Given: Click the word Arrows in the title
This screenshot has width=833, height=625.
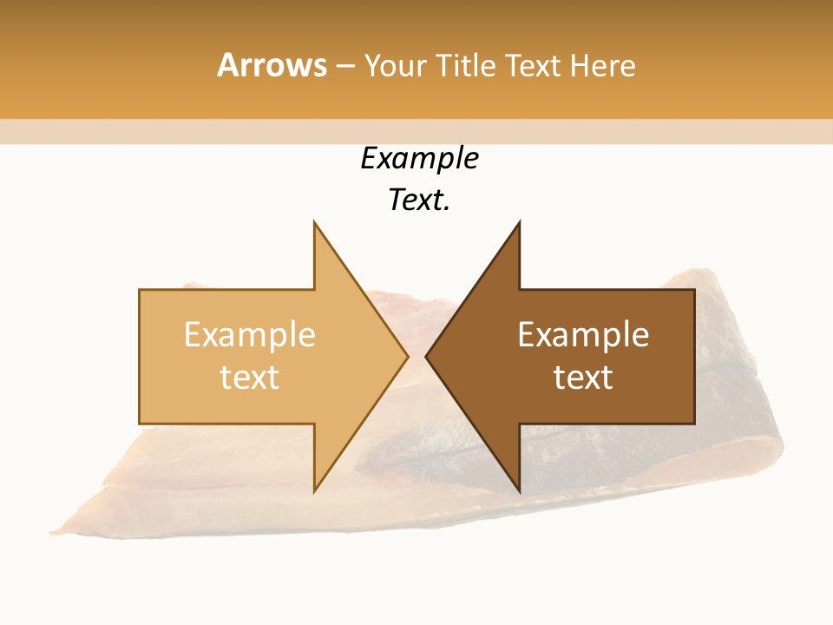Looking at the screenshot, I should click(x=272, y=65).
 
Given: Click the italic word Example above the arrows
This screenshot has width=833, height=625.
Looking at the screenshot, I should click(x=419, y=158).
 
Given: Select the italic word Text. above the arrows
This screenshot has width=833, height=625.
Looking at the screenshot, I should click(x=419, y=200).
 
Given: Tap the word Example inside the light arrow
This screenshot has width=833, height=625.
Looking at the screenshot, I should click(x=249, y=335).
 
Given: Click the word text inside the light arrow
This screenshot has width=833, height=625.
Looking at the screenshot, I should click(x=249, y=378).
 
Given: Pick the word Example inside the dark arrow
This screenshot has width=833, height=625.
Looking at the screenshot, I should click(x=583, y=335).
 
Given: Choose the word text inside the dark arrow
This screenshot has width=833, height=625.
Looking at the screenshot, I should click(x=583, y=378).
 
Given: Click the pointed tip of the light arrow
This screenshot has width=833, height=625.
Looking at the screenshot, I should click(x=406, y=356).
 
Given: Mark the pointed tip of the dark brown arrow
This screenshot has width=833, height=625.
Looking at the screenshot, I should click(x=427, y=356).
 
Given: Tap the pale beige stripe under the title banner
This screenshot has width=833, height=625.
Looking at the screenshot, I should click(x=416, y=132).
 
